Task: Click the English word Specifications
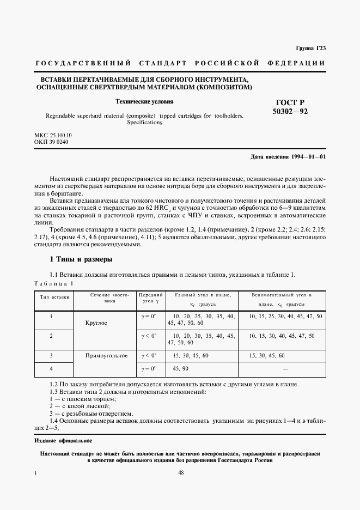pos(144,123)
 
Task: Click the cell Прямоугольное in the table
pos(106,355)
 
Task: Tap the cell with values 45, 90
pos(181,369)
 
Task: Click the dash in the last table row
pos(285,369)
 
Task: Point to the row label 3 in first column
pos(51,355)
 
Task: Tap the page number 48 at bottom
pos(180,473)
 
